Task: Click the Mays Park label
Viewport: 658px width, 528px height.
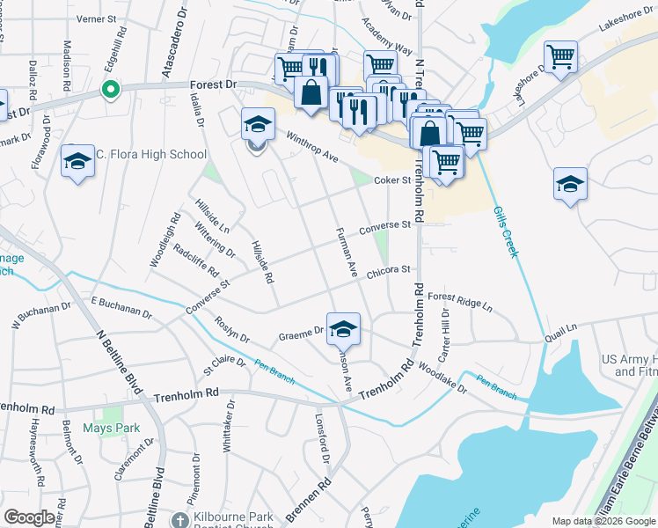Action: (x=112, y=429)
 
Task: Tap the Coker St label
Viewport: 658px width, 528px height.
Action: (x=393, y=180)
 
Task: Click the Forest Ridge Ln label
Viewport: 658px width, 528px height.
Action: (x=460, y=304)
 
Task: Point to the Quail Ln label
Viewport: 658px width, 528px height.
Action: (x=560, y=328)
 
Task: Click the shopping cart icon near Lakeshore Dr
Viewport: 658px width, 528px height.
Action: (x=560, y=57)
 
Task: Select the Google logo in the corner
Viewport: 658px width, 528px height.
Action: (x=29, y=517)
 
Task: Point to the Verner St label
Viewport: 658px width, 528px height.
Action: (x=97, y=18)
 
